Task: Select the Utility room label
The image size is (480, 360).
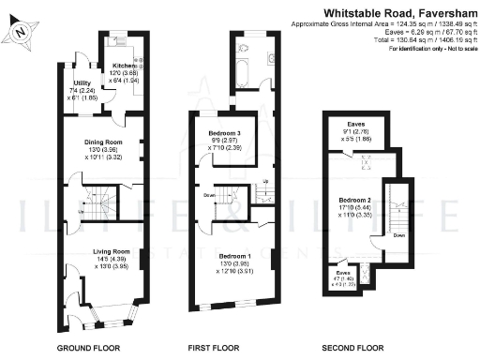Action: click(82, 82)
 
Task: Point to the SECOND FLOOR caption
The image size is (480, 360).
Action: click(353, 346)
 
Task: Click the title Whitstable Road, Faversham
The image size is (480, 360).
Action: click(389, 12)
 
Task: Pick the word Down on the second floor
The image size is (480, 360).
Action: click(398, 235)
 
